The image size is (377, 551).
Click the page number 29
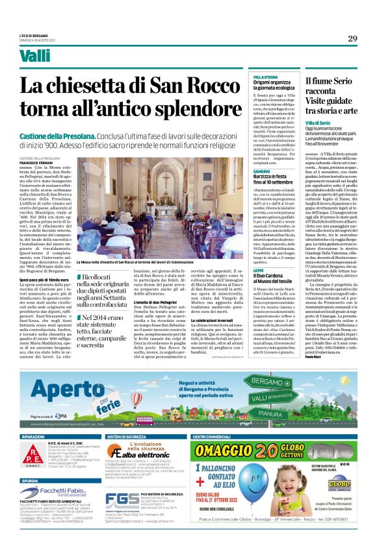pyautogui.click(x=353, y=39)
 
